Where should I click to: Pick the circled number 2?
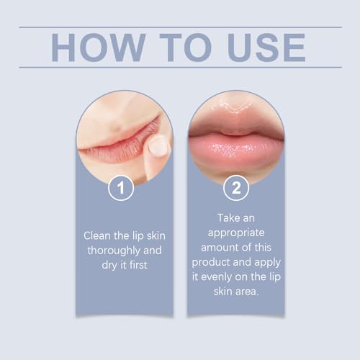pyautogui.click(x=236, y=189)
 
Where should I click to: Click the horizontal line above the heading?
pyautogui.click(x=180, y=27)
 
